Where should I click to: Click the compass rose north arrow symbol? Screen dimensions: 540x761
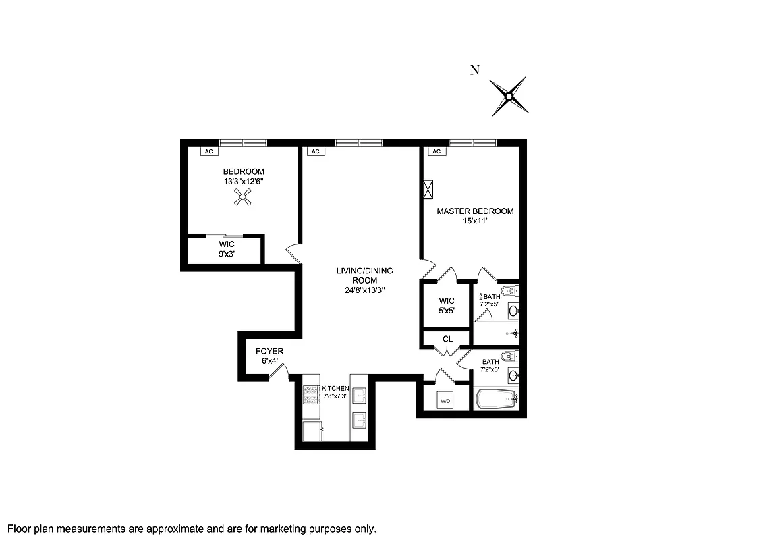(x=508, y=95)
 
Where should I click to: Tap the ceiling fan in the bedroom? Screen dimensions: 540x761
(x=244, y=196)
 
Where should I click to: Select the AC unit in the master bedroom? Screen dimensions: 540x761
(x=436, y=151)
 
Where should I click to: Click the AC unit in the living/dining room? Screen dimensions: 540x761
(x=314, y=151)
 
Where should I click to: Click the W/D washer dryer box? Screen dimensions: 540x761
(x=445, y=401)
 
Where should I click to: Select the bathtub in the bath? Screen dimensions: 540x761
(x=496, y=400)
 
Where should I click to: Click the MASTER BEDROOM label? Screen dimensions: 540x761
(x=474, y=211)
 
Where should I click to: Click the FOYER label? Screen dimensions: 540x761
(x=269, y=352)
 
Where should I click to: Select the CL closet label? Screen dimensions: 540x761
(x=447, y=339)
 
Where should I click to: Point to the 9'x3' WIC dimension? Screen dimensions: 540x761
(x=226, y=254)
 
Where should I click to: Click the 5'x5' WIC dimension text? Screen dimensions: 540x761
(x=447, y=310)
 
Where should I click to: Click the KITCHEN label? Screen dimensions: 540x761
(x=335, y=388)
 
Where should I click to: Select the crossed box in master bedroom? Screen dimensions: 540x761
(x=428, y=189)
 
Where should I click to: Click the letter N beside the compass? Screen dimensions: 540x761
(x=475, y=70)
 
